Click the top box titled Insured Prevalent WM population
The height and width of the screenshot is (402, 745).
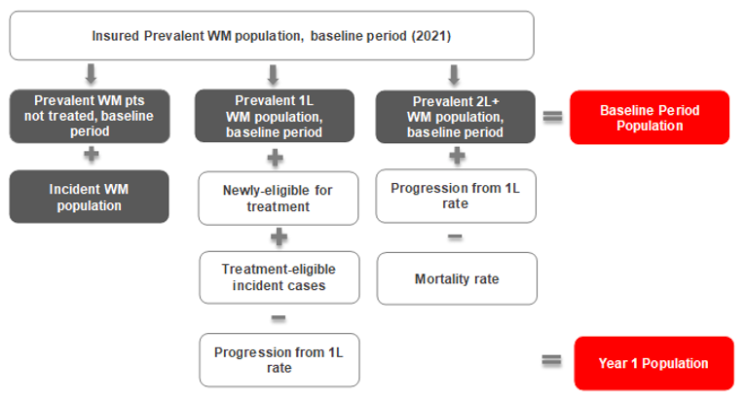pyautogui.click(x=272, y=35)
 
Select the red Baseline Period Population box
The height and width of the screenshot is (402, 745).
pyautogui.click(x=650, y=118)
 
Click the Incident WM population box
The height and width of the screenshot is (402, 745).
pyautogui.click(x=90, y=198)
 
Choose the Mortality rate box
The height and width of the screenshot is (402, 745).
pyautogui.click(x=457, y=278)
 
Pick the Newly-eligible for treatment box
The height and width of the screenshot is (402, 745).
pyautogui.click(x=273, y=199)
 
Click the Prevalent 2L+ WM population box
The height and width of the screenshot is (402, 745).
pyautogui.click(x=457, y=117)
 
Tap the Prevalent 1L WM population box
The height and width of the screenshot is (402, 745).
pyautogui.click(x=273, y=117)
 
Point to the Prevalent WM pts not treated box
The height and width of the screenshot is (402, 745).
pyautogui.click(x=90, y=117)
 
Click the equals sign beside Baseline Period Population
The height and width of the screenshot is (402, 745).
pyautogui.click(x=552, y=117)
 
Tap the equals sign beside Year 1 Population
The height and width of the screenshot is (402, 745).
pyautogui.click(x=552, y=361)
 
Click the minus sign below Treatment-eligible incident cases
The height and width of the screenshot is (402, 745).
pyautogui.click(x=278, y=318)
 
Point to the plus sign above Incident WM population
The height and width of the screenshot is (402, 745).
pyautogui.click(x=90, y=157)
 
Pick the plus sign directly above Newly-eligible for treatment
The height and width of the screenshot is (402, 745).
pyautogui.click(x=276, y=157)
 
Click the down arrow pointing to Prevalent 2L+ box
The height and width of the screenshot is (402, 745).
pyautogui.click(x=454, y=73)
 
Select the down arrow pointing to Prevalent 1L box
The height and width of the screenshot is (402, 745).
pyautogui.click(x=273, y=73)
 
